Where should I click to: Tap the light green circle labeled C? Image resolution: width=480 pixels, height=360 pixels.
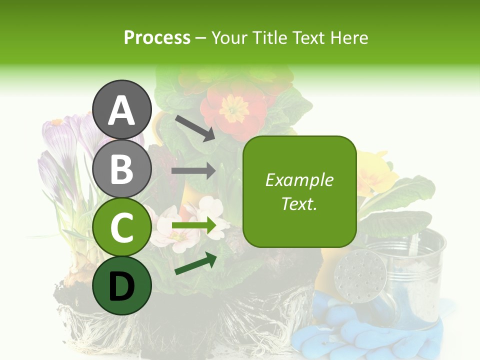pos(122,227)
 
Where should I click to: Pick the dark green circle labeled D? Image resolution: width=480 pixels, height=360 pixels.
pos(122,285)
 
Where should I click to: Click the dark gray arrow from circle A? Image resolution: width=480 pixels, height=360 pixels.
pos(194,127)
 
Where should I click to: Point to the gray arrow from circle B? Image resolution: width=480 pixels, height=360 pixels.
pos(193,171)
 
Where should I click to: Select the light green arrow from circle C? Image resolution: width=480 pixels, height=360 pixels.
pos(193,225)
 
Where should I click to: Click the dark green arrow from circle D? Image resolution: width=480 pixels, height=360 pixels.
pos(195,264)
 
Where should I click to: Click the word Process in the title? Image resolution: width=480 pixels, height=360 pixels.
pos(157,37)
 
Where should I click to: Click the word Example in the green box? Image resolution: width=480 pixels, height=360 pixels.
pos(299,180)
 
